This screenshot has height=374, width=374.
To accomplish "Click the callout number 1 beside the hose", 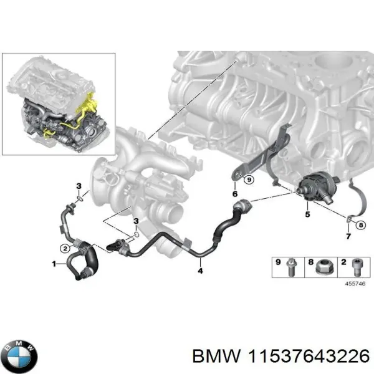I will (x=55, y=264).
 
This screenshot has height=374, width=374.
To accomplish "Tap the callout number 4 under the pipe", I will (x=199, y=270).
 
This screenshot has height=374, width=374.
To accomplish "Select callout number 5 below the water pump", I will (x=306, y=215).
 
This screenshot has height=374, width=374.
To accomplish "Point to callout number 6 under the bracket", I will (x=235, y=194).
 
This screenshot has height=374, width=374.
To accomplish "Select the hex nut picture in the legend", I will (x=324, y=267).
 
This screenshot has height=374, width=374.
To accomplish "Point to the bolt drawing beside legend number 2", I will (x=357, y=267).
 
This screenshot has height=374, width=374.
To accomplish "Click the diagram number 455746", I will (x=357, y=283).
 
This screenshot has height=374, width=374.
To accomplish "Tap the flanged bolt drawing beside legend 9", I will (x=292, y=267).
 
